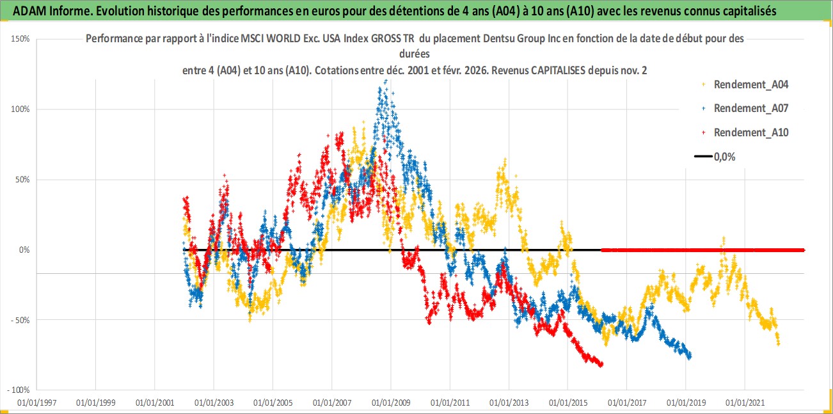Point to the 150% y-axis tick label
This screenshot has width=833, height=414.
(21, 39)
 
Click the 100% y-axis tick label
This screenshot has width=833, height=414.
(21, 109)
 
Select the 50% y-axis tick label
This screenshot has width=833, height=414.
(22, 180)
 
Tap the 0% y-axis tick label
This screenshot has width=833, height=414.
(24, 250)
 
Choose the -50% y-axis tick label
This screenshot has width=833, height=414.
(21, 320)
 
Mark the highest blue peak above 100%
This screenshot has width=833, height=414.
(386, 81)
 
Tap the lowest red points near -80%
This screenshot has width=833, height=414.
(600, 365)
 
